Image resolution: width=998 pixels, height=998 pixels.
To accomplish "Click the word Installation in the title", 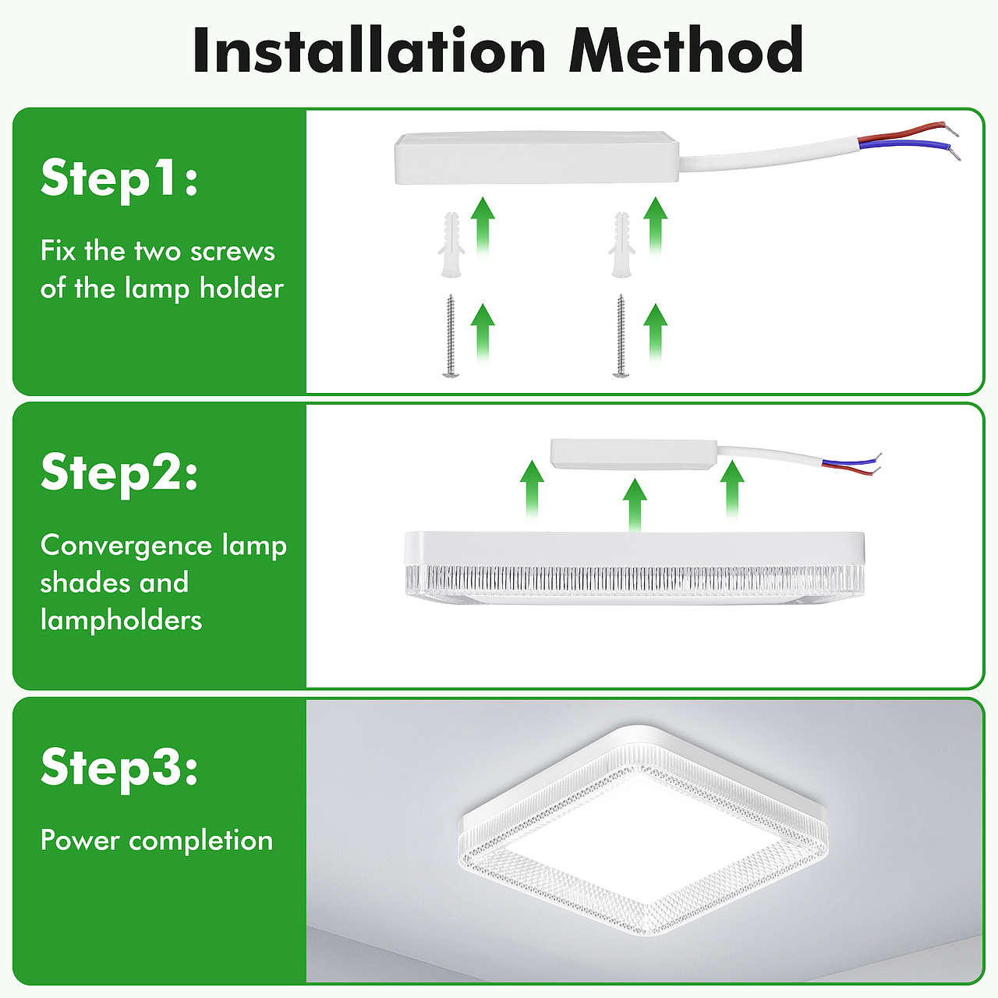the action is click(370, 50).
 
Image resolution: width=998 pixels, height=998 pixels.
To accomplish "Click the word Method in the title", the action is click(685, 50).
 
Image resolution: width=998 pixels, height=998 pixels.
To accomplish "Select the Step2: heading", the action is click(119, 473).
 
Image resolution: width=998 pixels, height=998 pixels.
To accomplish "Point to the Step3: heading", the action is click(119, 767).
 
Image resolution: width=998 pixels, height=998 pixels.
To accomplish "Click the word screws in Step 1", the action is click(232, 253).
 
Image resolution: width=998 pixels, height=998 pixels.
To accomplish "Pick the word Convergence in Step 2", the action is click(126, 547).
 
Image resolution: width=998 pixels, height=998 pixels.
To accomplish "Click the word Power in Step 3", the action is click(80, 840).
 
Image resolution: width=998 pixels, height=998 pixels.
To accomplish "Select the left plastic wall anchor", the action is click(451, 245).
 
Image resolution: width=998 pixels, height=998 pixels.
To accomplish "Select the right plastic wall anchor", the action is click(621, 245).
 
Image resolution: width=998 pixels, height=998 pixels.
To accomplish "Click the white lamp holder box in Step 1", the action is click(536, 157).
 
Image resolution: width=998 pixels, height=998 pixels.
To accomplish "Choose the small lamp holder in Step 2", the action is click(634, 455).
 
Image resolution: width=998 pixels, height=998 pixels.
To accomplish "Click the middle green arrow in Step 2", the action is click(635, 505).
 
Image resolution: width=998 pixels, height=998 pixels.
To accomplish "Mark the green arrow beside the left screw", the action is click(483, 334).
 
